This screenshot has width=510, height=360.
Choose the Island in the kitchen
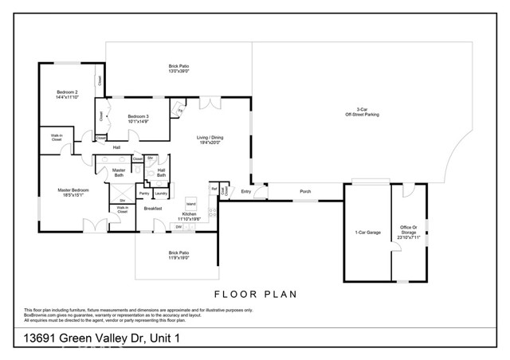191,203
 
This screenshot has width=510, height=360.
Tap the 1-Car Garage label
367,233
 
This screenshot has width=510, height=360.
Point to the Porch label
305,192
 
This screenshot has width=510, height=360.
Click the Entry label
245,192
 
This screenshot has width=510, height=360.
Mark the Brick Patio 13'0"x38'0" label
179,68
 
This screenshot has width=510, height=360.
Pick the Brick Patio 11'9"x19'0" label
178,256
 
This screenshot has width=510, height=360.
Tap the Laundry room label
160,193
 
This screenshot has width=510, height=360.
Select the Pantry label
144,193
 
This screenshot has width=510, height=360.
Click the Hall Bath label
161,172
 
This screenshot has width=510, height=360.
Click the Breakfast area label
153,209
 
